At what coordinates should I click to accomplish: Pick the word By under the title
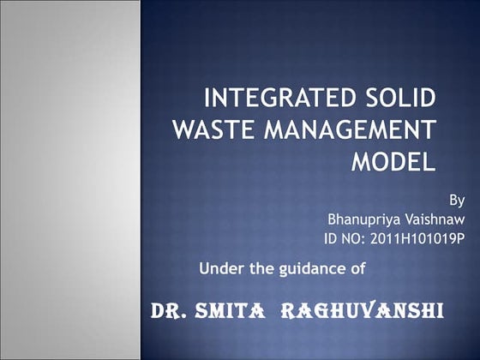pyautogui.click(x=457, y=200)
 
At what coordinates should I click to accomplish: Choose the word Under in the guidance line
pyautogui.click(x=220, y=268)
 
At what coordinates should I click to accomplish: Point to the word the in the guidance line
pyautogui.click(x=261, y=268)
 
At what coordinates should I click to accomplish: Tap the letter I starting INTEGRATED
pyautogui.click(x=208, y=97)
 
